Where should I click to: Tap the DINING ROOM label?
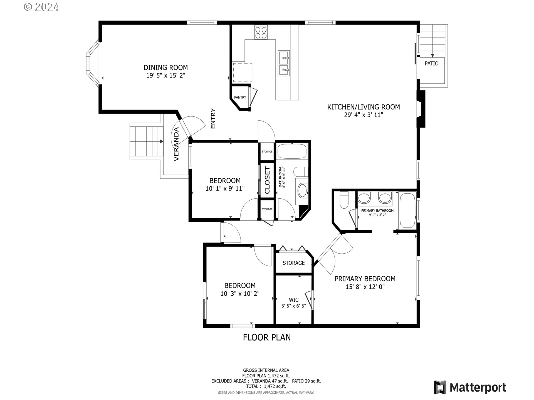[166, 67]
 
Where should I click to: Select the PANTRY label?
[240, 97]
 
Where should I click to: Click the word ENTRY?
[213, 119]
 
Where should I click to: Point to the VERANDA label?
[176, 144]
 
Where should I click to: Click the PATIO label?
[432, 64]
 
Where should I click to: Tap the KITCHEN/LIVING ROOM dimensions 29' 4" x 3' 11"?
[364, 115]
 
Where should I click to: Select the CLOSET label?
[267, 180]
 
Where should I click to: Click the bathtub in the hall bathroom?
[292, 151]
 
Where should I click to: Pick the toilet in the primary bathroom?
[344, 200]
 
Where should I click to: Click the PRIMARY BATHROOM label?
[377, 211]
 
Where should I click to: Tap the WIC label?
[294, 300]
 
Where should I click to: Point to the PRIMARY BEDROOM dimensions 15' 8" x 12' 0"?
[365, 287]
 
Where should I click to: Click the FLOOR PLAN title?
[267, 337]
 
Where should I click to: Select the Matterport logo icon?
[440, 387]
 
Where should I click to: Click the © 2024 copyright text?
[41, 7]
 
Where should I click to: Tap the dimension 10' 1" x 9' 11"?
[225, 189]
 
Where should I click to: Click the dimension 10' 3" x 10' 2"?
[240, 294]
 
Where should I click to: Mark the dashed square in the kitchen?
[243, 72]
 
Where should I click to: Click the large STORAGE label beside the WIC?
[294, 263]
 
